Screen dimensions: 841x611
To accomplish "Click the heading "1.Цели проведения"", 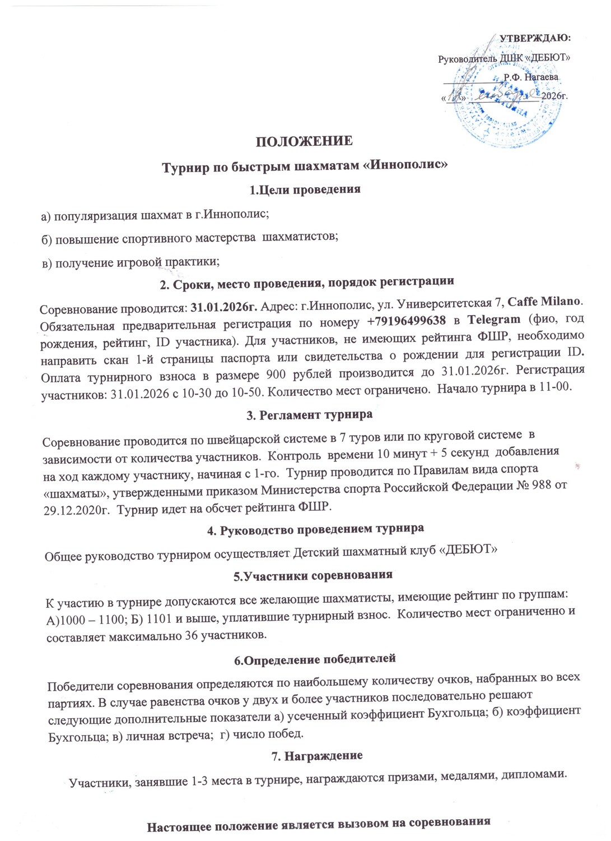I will point(305,189).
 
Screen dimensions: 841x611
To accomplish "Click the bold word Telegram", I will point(494,320).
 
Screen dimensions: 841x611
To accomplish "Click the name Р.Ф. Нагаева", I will point(530,77).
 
